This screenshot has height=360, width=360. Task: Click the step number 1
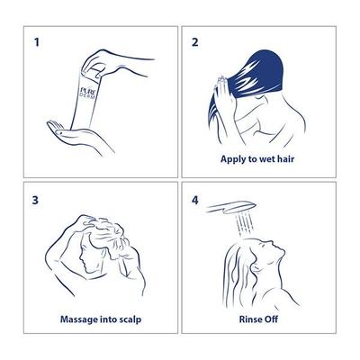click(x=37, y=42)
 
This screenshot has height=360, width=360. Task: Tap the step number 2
click(x=195, y=42)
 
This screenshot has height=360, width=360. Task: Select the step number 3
click(x=35, y=200)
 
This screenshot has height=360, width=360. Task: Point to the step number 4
click(x=195, y=200)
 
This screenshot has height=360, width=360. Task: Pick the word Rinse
click(x=247, y=319)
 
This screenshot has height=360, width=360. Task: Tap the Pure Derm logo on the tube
click(x=89, y=93)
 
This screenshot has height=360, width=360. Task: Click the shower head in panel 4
click(x=231, y=207)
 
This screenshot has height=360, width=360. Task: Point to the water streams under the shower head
click(x=245, y=223)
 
